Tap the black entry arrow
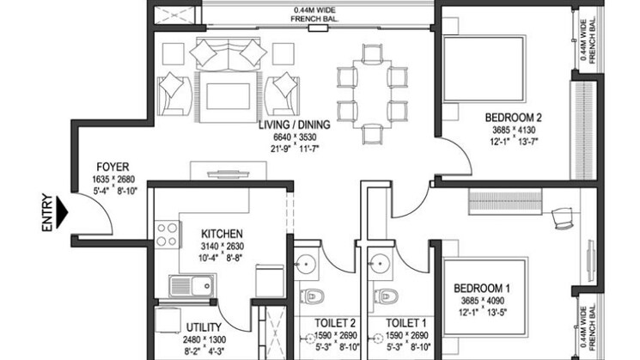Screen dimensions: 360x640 [63, 206]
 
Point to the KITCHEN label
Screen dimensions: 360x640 [222, 233]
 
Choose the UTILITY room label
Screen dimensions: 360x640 [204, 326]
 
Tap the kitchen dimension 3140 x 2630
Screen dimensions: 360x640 [222, 246]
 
